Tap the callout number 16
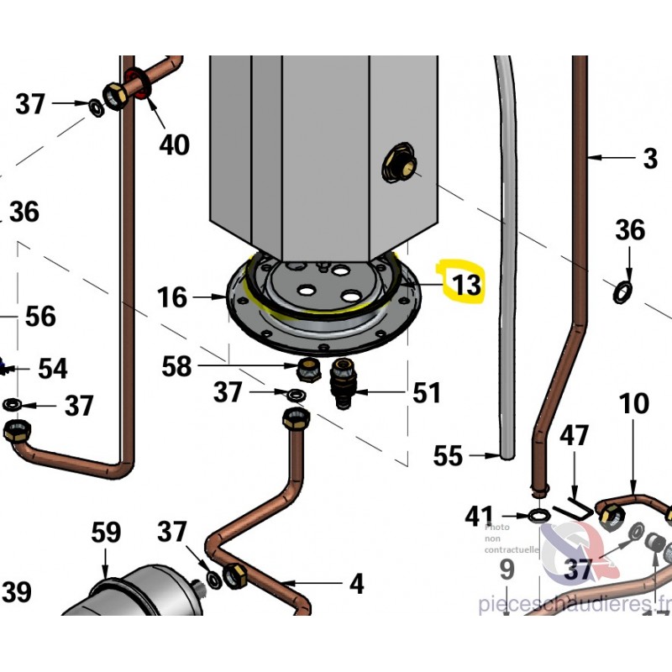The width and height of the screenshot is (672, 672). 172,297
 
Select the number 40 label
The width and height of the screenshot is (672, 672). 174,144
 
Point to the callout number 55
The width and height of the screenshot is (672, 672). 448,456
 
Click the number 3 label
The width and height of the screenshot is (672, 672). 649,158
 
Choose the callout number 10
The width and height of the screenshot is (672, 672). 635,404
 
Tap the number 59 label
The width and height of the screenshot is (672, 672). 106,533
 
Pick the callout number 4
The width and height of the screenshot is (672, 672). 356,582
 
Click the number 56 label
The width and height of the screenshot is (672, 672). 40,317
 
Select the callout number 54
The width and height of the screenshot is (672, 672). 52,368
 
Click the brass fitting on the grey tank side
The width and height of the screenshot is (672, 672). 400,163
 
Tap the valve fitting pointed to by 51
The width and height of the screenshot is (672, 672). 344,383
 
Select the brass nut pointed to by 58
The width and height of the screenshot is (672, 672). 308,369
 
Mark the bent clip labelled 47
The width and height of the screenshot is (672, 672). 578,503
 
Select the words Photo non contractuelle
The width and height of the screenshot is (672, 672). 512,537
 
